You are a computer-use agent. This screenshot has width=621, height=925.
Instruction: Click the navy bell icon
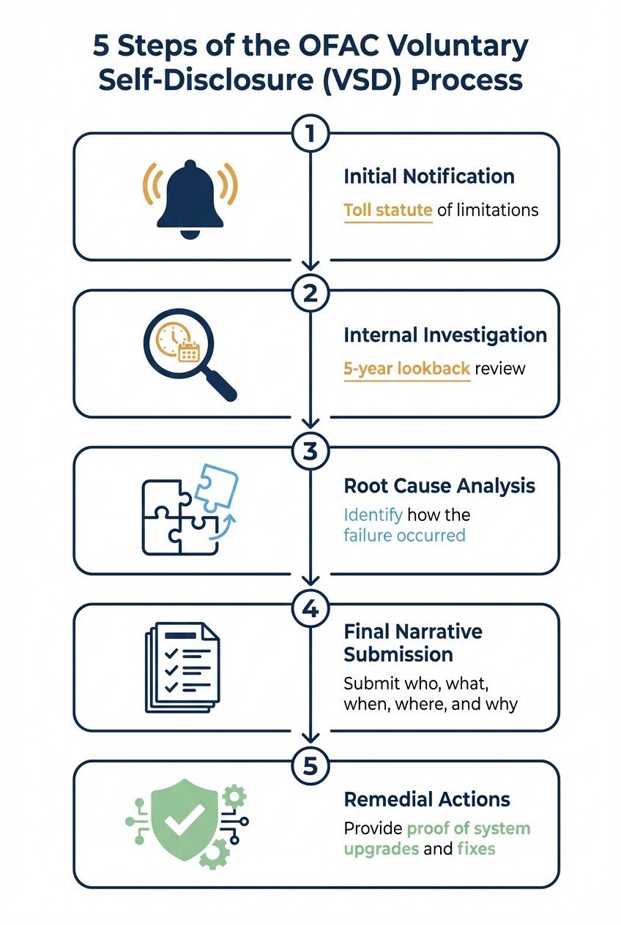point(190,195)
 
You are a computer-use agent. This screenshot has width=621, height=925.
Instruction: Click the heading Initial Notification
point(429,176)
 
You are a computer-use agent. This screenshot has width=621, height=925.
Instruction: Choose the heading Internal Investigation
point(445,335)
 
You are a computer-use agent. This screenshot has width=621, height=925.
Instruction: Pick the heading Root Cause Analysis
point(439,486)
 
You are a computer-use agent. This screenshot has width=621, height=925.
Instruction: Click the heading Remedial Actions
point(427,798)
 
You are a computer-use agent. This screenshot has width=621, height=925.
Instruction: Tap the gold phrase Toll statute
point(387,211)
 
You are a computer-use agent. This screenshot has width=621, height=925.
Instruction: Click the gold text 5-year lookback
point(406,368)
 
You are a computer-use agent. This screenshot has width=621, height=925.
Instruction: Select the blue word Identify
point(373,514)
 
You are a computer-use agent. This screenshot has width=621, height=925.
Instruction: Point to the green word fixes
point(476,850)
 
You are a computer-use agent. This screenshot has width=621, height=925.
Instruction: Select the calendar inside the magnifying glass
point(189,352)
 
